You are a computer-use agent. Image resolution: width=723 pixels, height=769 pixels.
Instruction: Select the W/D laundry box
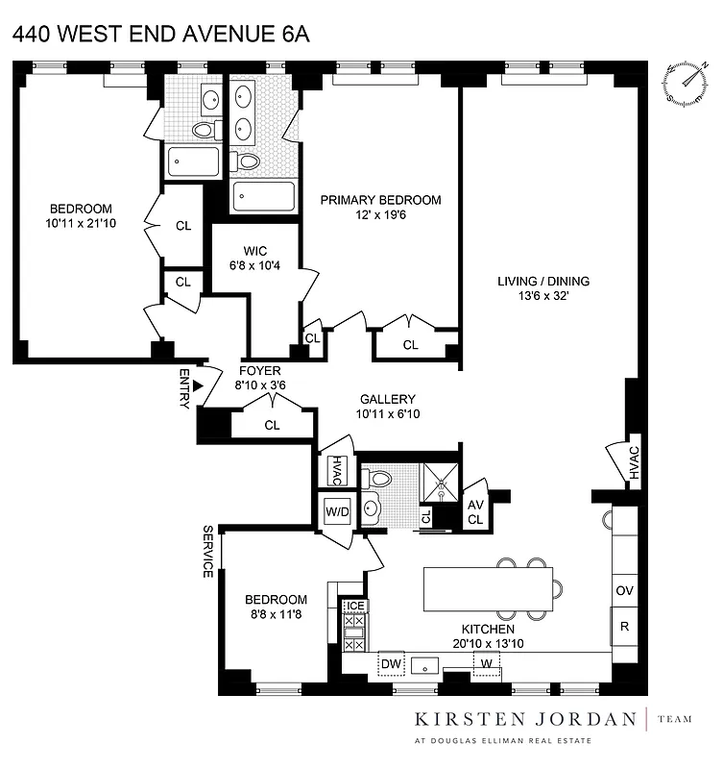337,510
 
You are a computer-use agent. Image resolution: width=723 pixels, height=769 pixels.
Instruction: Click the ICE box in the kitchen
355,606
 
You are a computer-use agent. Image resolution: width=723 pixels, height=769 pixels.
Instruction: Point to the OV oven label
624,590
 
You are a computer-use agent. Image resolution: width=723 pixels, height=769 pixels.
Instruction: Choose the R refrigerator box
624,626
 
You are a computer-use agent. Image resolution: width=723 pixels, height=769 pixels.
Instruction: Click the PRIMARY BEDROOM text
380,200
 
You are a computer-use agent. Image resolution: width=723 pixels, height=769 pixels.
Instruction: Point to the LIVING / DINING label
542,282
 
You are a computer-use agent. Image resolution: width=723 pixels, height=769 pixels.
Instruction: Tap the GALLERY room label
387,399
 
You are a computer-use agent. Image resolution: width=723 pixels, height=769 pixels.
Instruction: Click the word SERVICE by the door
207,552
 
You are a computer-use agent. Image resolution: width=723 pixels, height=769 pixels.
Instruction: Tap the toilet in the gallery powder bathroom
378,478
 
